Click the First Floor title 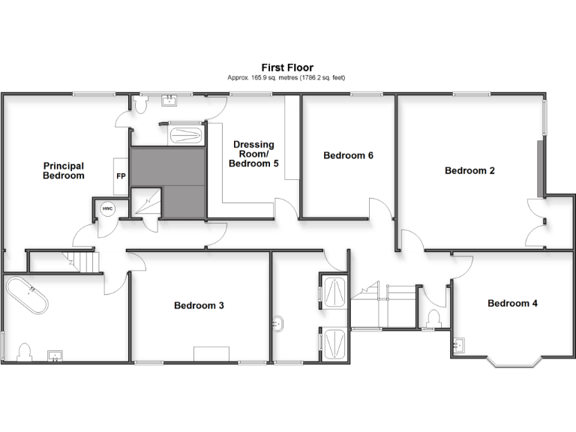point(287,67)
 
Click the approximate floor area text point(287,77)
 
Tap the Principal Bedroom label point(63,170)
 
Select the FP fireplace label point(120,176)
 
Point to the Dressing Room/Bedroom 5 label point(253,154)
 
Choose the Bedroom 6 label point(348,156)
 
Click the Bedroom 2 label point(469,170)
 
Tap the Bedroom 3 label point(199,305)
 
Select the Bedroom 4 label point(512,304)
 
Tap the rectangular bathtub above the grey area point(184,136)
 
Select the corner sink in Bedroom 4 point(460,345)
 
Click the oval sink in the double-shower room point(278,324)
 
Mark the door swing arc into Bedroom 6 point(379,208)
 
